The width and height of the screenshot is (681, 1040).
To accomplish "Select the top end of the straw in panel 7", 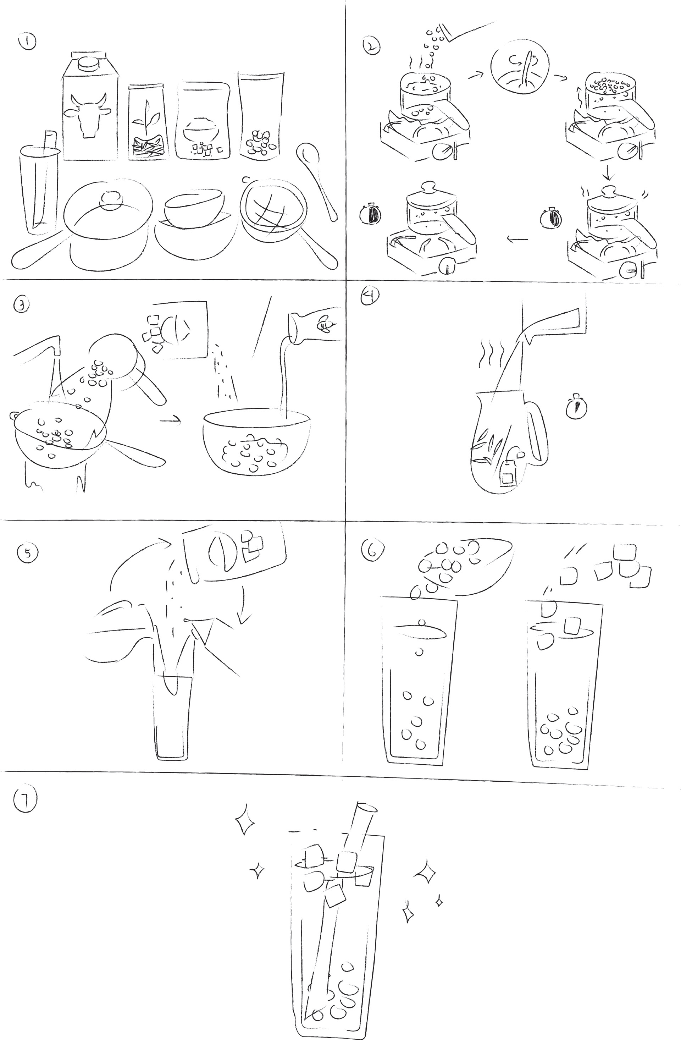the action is (366, 808).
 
